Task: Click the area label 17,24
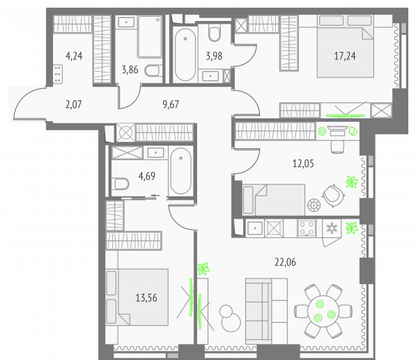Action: (x=345, y=56)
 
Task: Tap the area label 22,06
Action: (x=285, y=263)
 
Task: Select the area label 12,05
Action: (x=303, y=164)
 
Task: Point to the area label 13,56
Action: (x=146, y=297)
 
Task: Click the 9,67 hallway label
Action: (x=171, y=104)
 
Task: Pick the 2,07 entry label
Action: (x=74, y=104)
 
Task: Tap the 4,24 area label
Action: (x=74, y=56)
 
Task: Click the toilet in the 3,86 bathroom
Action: (x=153, y=71)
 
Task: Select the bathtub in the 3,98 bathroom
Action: (x=185, y=54)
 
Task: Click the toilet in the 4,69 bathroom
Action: (x=121, y=184)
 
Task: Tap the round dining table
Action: (x=323, y=311)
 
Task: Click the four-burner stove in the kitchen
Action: (x=307, y=228)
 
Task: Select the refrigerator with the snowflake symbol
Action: (x=332, y=228)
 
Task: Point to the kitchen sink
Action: (x=255, y=228)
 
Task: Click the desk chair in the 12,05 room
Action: (x=337, y=147)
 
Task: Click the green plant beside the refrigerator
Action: (x=351, y=228)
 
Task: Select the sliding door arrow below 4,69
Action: (x=155, y=196)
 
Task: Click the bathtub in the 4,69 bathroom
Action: (x=180, y=171)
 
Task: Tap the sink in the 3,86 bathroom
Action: (x=126, y=22)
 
